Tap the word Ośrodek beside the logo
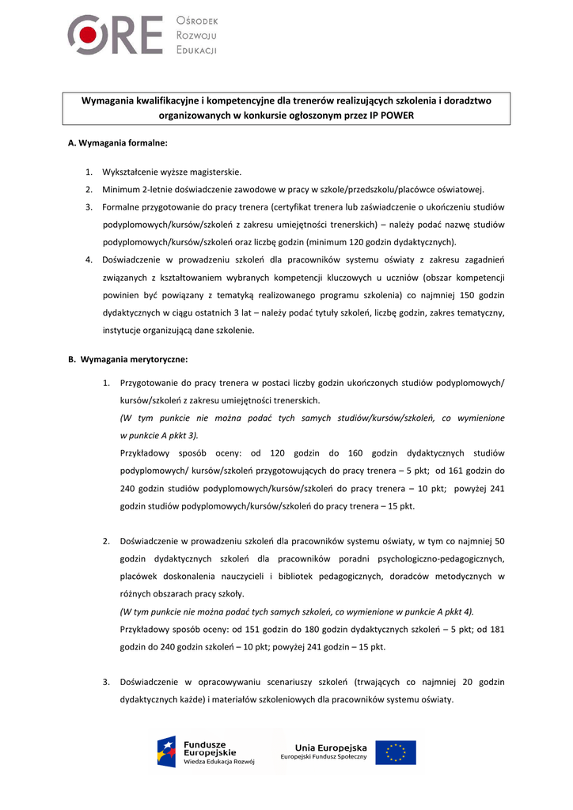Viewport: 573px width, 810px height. pos(197,21)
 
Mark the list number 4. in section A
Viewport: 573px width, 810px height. pos(89,259)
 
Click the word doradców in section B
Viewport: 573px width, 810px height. pos(408,576)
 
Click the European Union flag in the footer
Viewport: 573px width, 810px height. pos(396,752)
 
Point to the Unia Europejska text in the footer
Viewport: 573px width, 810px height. pos(331,748)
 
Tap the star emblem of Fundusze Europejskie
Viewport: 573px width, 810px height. pos(166,752)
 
